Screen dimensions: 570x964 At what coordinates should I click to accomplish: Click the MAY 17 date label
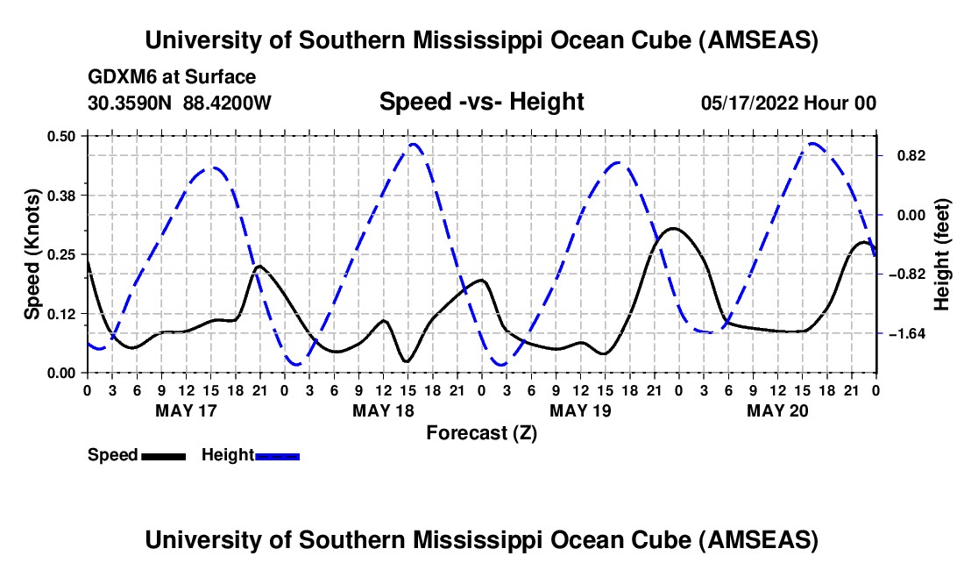point(186,410)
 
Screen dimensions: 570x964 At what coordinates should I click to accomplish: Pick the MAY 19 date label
point(579,410)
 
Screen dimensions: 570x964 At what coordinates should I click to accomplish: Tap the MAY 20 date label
point(776,410)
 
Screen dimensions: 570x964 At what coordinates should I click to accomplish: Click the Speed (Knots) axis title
point(32,254)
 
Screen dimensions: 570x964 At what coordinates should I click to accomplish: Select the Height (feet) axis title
point(943,254)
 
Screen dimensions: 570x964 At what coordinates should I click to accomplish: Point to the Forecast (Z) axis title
point(481,432)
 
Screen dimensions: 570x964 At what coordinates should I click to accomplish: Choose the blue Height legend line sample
point(278,456)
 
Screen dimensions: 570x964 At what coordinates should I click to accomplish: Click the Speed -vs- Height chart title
point(481,102)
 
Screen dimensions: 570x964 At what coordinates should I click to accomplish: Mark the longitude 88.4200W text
point(227,103)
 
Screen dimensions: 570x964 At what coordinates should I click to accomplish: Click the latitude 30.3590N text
point(131,103)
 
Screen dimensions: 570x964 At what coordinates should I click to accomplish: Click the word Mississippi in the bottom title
point(483,539)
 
